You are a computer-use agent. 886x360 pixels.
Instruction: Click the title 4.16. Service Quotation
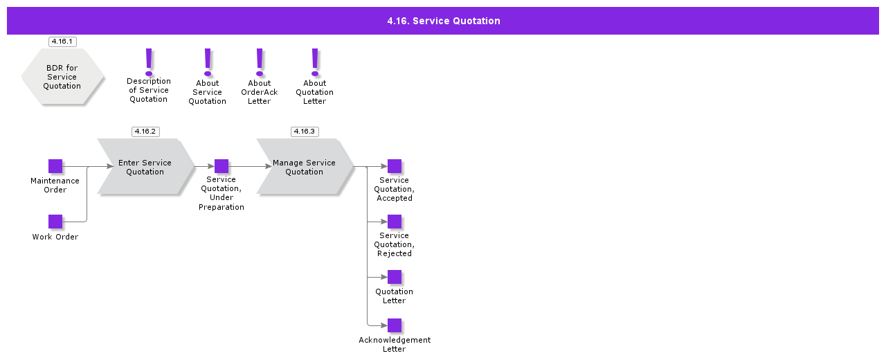tap(443, 21)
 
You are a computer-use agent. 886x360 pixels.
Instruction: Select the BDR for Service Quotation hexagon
tap(62, 77)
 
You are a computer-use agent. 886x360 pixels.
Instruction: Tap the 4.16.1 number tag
tap(62, 42)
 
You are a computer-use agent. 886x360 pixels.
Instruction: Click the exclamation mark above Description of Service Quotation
tap(149, 61)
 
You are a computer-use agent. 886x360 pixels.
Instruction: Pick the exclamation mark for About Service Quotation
tap(208, 62)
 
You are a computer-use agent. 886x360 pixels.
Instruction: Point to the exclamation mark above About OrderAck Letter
tap(260, 62)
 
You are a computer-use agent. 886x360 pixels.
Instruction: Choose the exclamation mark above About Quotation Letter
tap(315, 62)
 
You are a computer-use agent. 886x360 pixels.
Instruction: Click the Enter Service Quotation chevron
tap(145, 167)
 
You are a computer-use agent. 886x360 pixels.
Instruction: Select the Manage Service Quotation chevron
tap(305, 167)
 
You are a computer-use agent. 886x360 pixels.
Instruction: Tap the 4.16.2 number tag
tap(145, 132)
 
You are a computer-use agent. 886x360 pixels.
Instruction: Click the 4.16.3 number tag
tap(305, 132)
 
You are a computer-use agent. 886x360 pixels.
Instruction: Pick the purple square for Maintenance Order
tap(55, 166)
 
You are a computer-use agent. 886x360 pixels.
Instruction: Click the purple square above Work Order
tap(55, 222)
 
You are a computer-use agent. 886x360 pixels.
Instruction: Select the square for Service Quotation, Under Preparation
tap(221, 166)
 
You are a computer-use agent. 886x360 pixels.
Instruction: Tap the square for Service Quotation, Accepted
tap(395, 166)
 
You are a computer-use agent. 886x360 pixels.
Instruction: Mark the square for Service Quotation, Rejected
tap(395, 222)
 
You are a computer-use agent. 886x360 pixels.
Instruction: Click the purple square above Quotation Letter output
tap(395, 277)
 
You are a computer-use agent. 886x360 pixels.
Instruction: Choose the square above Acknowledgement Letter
tap(395, 325)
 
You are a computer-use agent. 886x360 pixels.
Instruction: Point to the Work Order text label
tap(55, 237)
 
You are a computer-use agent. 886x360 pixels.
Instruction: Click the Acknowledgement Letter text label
tap(395, 344)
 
